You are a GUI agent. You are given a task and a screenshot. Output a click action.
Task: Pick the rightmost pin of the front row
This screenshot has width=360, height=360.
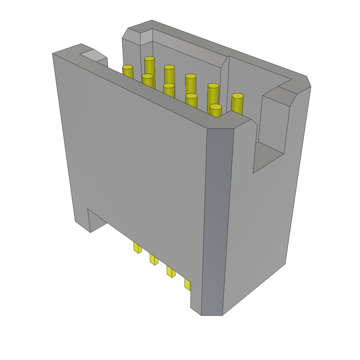pos(216,110)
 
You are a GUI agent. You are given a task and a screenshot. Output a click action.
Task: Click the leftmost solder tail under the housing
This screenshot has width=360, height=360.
pos(137,247)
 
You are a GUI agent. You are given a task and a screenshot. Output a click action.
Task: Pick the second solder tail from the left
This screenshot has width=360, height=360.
pos(154,259)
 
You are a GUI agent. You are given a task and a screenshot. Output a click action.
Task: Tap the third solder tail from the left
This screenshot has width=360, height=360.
pos(171,271)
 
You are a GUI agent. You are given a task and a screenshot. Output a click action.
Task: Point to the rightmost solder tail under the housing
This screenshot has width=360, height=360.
pos(188,284)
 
